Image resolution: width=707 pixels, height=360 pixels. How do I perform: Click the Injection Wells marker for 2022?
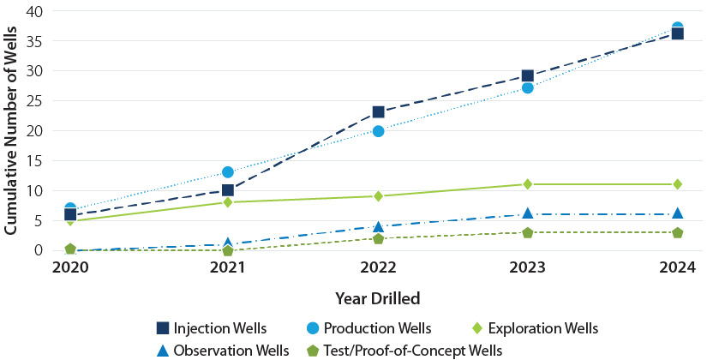(x=378, y=112)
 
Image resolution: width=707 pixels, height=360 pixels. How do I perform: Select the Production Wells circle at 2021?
(x=227, y=172)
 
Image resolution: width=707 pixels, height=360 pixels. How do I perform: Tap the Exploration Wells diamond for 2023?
(x=528, y=184)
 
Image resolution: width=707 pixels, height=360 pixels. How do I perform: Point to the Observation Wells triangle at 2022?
(x=378, y=226)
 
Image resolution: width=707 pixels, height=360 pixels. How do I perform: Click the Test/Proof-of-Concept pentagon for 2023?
(x=528, y=232)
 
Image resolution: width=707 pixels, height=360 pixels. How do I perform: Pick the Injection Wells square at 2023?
(x=528, y=76)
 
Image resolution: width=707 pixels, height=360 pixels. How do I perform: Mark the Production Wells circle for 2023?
(x=528, y=87)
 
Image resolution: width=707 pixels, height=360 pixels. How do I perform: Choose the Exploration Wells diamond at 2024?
(x=677, y=184)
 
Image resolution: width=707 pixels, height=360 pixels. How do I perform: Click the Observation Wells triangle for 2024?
(x=677, y=213)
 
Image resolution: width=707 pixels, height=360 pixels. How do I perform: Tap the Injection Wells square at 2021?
(x=227, y=190)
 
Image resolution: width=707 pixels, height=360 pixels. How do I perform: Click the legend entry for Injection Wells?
(x=212, y=328)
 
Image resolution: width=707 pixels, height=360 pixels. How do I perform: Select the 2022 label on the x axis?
(x=378, y=267)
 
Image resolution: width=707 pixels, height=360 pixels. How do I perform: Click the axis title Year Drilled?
(x=378, y=298)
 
